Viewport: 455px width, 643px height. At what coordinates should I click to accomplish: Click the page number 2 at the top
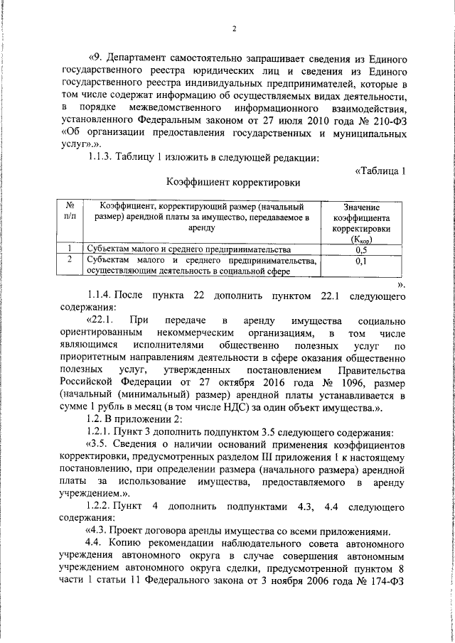click(x=232, y=29)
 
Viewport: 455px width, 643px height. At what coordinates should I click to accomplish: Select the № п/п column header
click(x=70, y=210)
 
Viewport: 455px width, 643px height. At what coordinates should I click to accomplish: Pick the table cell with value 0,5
click(x=360, y=250)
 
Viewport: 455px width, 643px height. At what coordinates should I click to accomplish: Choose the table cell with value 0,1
click(x=360, y=261)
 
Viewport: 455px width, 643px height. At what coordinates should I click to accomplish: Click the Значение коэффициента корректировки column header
click(x=360, y=222)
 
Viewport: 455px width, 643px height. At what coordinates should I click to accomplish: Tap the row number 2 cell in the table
click(x=70, y=261)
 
